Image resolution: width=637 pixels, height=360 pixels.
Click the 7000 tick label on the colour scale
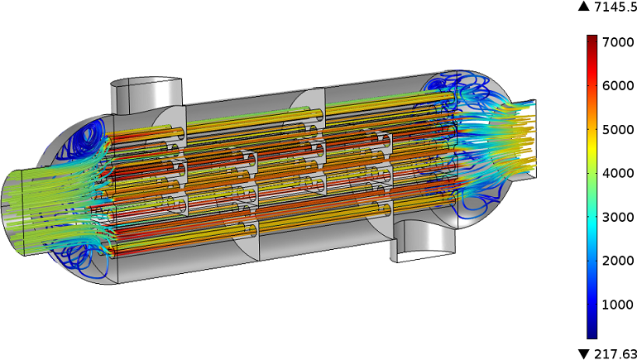point(618,42)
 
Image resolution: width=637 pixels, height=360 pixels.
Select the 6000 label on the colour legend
point(618,86)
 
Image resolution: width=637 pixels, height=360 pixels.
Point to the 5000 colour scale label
point(618,130)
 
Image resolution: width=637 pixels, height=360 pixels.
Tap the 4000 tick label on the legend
point(618,174)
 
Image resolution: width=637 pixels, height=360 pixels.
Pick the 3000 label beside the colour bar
point(618,217)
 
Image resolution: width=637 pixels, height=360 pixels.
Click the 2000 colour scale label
point(618,261)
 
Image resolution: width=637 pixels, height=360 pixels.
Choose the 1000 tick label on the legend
point(618,305)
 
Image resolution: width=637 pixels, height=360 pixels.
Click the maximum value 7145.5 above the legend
point(615,7)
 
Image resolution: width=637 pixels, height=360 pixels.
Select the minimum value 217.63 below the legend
point(615,354)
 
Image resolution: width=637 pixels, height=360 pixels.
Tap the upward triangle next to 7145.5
point(584,7)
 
